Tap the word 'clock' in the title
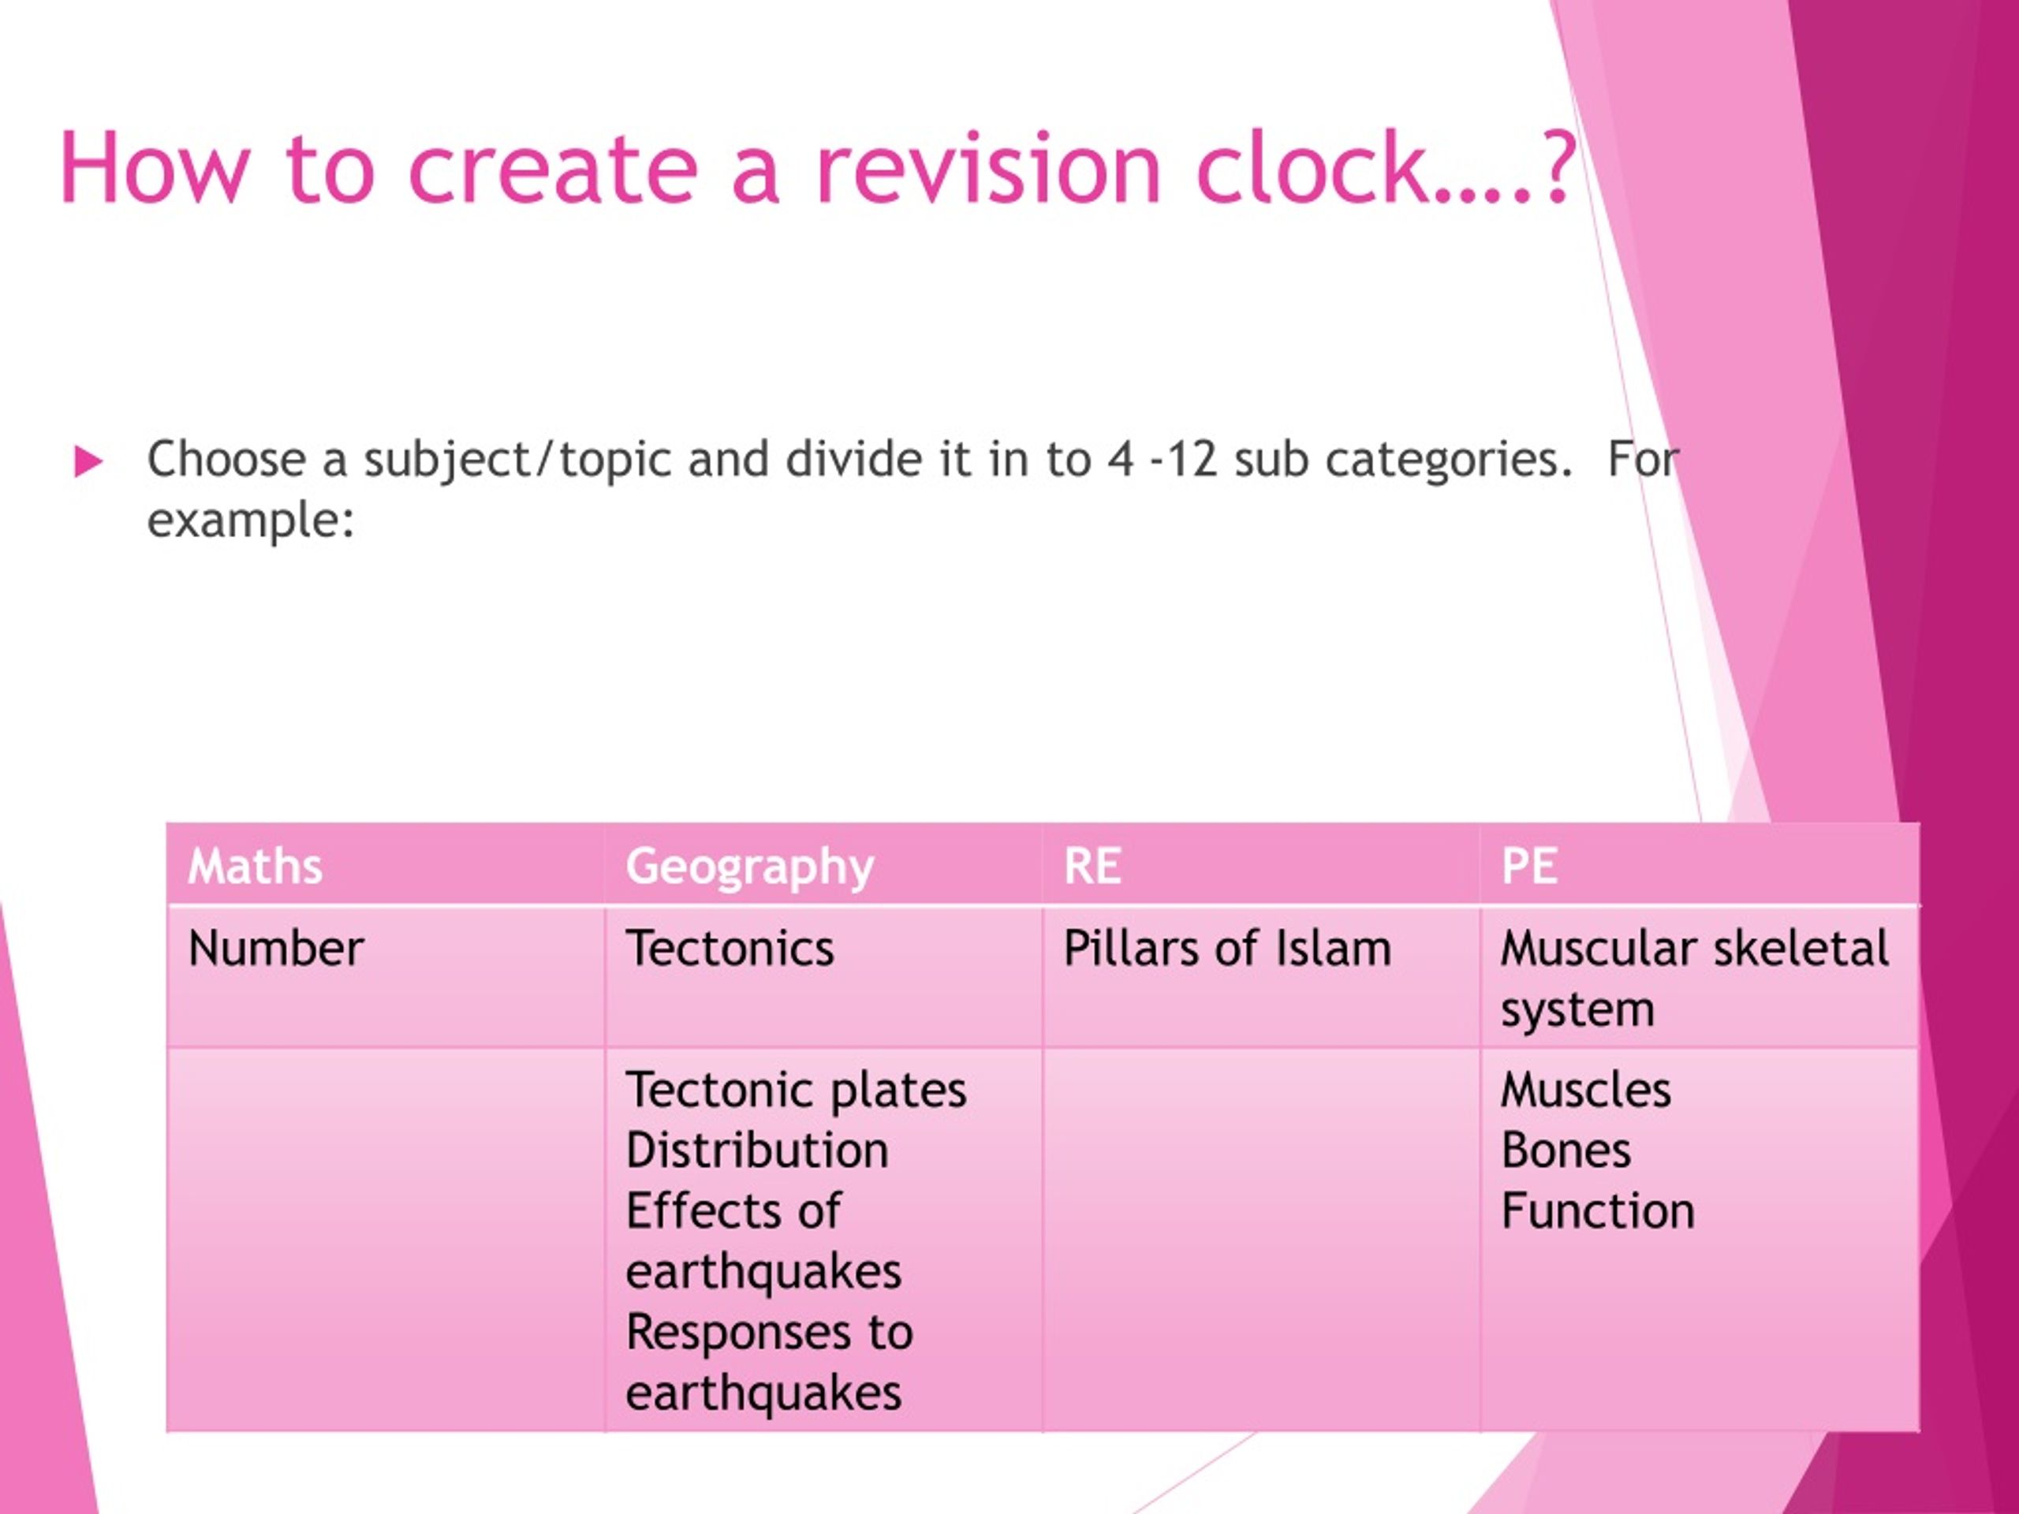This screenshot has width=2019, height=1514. pyautogui.click(x=1311, y=169)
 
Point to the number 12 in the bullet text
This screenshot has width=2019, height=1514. pyautogui.click(x=1192, y=459)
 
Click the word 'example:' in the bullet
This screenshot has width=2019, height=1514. pyautogui.click(x=251, y=521)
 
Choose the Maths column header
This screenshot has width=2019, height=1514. pyautogui.click(x=255, y=865)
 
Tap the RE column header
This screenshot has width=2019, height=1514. pyautogui.click(x=1092, y=865)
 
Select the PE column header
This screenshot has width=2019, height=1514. pyautogui.click(x=1530, y=865)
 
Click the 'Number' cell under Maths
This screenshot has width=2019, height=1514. pyautogui.click(x=276, y=948)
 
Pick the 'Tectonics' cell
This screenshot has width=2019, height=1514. pyautogui.click(x=730, y=948)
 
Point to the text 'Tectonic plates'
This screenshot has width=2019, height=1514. pyautogui.click(x=795, y=1090)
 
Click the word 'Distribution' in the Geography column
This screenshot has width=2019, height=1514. pyautogui.click(x=756, y=1150)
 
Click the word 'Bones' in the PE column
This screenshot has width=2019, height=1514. pyautogui.click(x=1566, y=1150)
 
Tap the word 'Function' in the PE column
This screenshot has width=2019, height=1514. pyautogui.click(x=1597, y=1211)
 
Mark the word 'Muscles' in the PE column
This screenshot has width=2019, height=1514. pyautogui.click(x=1585, y=1090)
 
